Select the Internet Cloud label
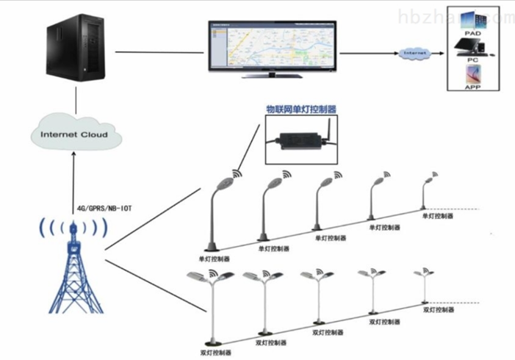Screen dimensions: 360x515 click(73, 134)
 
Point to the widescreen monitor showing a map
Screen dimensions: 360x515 click(271, 46)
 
